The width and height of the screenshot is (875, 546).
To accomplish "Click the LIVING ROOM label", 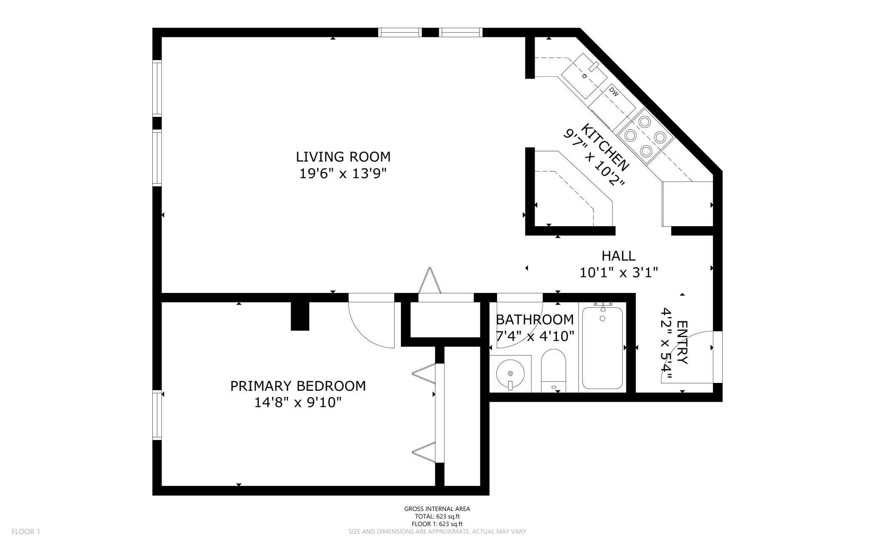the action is coord(343,157).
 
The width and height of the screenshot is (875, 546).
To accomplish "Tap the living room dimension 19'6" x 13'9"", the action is coord(343,173).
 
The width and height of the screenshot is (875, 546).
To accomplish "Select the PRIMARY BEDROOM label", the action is coord(298,386).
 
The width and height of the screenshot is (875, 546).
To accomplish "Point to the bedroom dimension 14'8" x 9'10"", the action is coord(297,403).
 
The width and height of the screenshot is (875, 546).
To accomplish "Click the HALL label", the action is coord(618,256).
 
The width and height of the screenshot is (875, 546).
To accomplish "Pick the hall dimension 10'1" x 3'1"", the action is coord(618,272).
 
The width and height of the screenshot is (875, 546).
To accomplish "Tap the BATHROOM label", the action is coord(535,319).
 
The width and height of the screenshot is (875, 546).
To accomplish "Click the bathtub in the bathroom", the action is coord(602,348).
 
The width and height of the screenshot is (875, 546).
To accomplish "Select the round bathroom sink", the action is coord(510,373).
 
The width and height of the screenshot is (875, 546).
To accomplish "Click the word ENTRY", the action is coord(682,343).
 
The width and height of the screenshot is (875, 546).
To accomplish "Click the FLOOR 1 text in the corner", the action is coord(26,532).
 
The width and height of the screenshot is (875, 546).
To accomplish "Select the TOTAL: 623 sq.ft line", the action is coord(437,517).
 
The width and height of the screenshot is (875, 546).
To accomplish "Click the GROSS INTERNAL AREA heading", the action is coord(437,509).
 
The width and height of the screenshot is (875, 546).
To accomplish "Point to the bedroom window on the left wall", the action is coord(157,415).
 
